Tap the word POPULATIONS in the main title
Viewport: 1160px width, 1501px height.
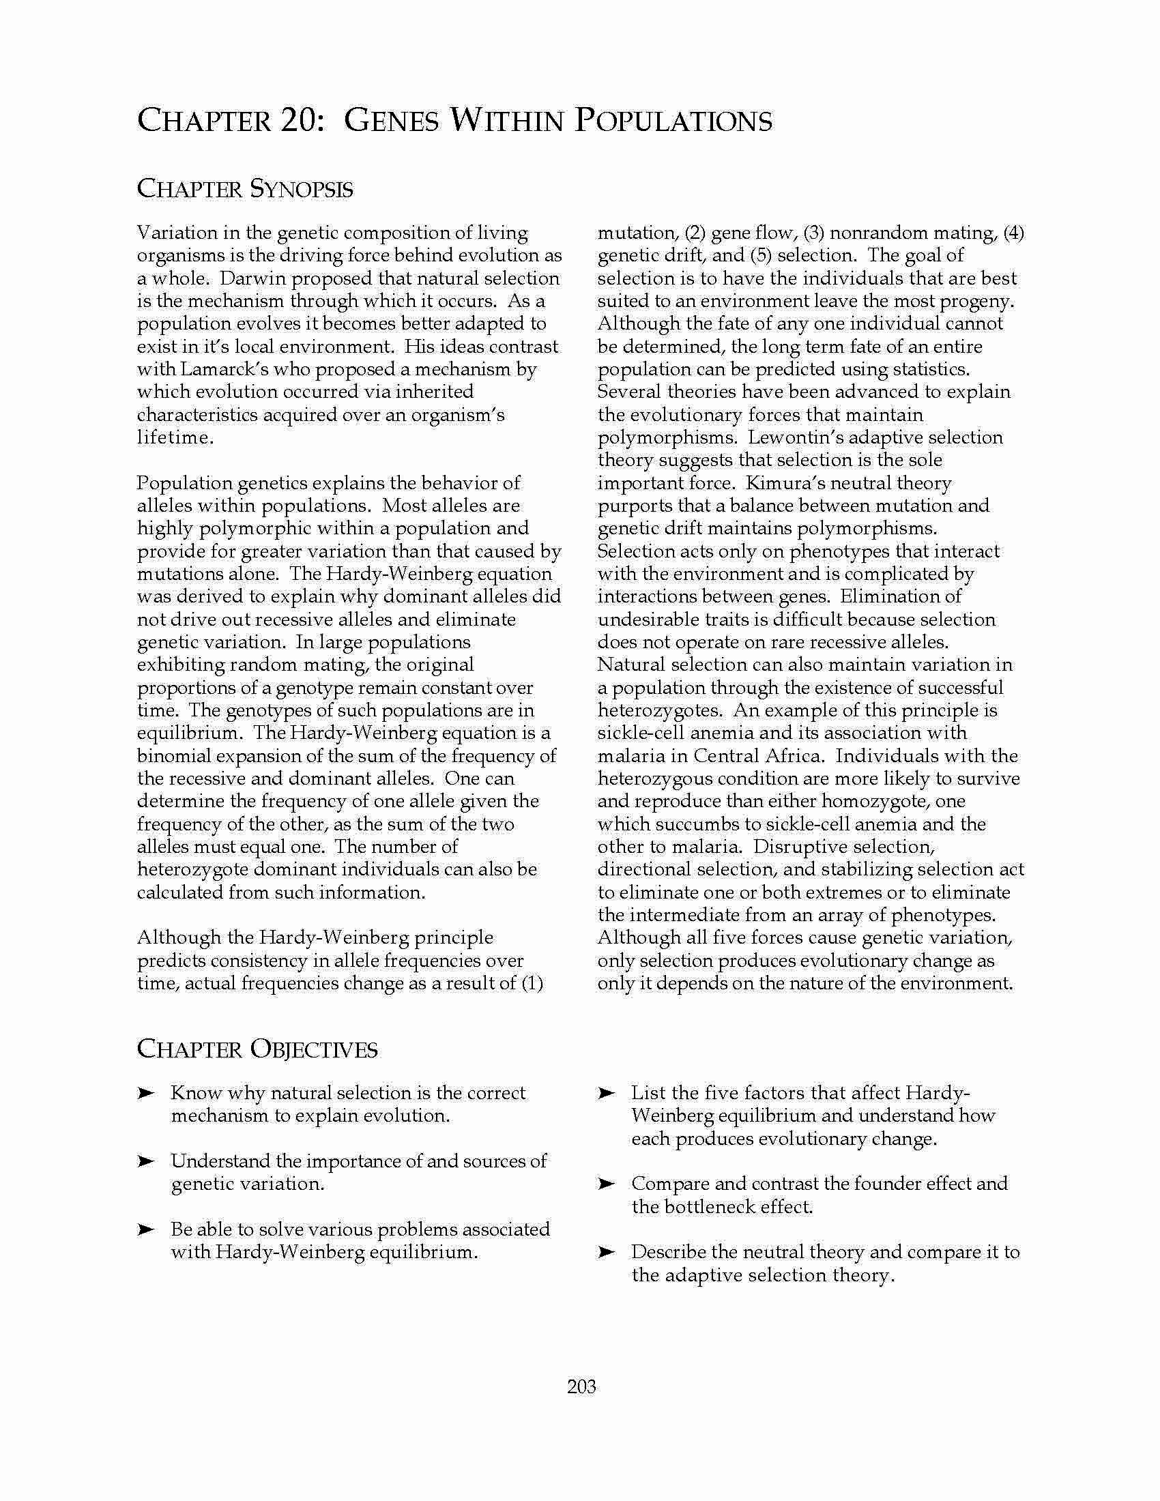point(673,121)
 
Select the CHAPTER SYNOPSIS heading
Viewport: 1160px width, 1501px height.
point(245,189)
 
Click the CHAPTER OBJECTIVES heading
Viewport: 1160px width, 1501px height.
point(257,1049)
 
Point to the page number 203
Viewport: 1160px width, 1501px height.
point(581,1386)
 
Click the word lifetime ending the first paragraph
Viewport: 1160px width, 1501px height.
point(175,438)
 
